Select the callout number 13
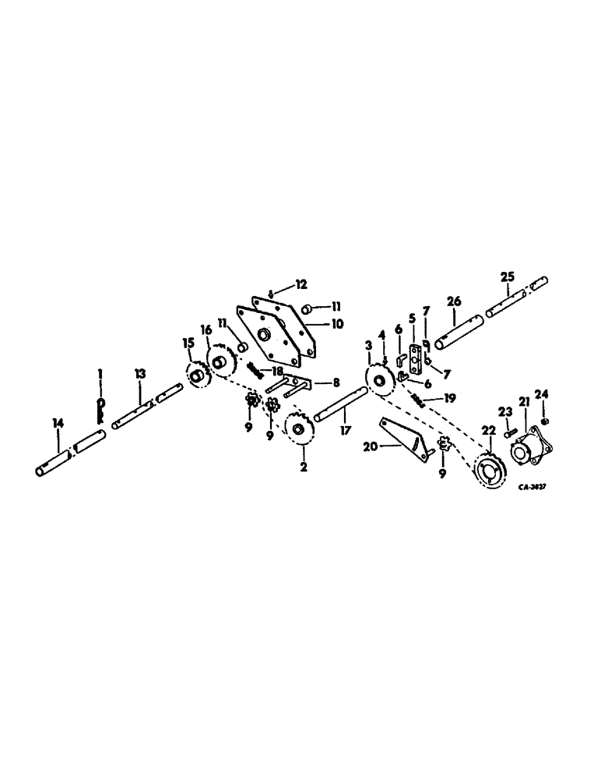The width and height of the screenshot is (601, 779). click(x=139, y=375)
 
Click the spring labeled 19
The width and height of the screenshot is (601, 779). click(x=418, y=400)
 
